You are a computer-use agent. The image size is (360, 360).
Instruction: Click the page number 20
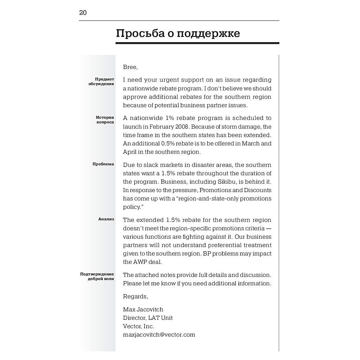(83, 13)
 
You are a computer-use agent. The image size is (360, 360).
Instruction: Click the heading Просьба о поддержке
(178, 33)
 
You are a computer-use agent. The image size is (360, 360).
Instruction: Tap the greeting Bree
(130, 67)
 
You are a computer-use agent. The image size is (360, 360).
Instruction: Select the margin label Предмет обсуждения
(102, 81)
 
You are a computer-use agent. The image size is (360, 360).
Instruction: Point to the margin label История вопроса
(104, 120)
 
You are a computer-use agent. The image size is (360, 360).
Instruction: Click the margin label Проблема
(103, 164)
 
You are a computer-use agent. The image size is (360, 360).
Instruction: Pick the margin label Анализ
(106, 219)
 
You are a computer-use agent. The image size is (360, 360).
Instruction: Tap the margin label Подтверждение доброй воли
(97, 276)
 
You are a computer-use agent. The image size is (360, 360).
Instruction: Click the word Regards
(135, 296)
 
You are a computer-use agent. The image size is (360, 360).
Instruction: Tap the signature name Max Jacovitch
(143, 310)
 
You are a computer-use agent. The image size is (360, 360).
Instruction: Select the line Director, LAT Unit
(148, 318)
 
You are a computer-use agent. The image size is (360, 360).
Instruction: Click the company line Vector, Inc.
(139, 326)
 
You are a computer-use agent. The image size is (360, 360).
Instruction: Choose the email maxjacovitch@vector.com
(159, 335)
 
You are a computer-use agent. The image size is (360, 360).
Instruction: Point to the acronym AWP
(141, 262)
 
